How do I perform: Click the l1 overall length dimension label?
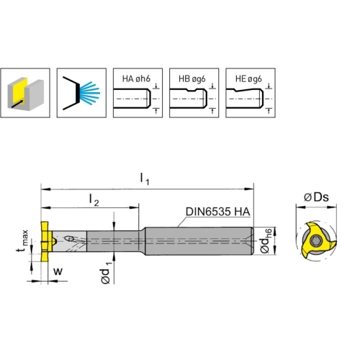(x=145, y=179)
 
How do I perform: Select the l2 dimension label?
(x=94, y=199)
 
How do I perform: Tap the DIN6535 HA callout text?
(x=217, y=212)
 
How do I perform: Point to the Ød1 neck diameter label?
(x=106, y=273)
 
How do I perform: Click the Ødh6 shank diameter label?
(x=266, y=241)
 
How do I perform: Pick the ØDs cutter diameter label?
(x=316, y=197)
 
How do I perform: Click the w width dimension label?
(x=58, y=271)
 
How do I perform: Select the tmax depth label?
(x=22, y=240)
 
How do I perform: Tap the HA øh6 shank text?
(x=136, y=78)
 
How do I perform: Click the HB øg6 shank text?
(x=192, y=78)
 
